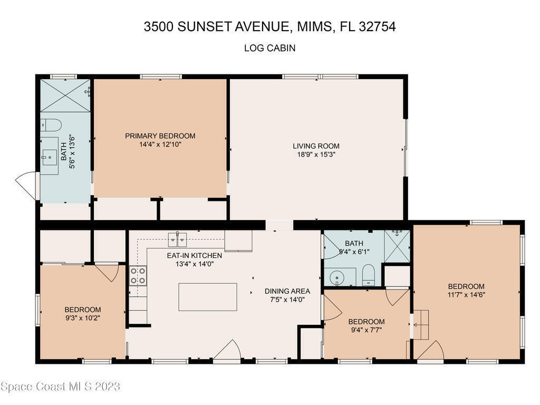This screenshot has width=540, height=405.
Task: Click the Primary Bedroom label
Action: click(160, 136)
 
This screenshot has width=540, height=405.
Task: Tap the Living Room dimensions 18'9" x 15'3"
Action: click(316, 155)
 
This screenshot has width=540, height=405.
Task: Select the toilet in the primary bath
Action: click(51, 125)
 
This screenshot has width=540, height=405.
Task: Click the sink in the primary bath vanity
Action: click(49, 158)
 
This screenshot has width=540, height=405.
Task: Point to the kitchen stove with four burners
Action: click(138, 276)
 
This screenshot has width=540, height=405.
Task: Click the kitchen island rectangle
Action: click(208, 297)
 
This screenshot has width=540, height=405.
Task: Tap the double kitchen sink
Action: click(177, 240)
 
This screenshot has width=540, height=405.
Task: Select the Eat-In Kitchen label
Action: click(195, 256)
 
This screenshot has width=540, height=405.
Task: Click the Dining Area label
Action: click(287, 291)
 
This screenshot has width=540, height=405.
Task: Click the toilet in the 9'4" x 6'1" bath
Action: click(368, 275)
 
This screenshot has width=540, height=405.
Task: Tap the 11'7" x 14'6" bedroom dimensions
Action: click(466, 295)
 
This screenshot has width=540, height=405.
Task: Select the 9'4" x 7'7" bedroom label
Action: click(367, 322)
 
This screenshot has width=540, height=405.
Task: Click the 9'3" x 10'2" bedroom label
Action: click(83, 310)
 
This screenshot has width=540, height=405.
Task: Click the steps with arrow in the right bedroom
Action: click(420, 325)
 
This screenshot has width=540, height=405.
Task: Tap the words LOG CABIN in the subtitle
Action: click(269, 48)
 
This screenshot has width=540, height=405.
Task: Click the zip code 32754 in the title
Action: click(378, 26)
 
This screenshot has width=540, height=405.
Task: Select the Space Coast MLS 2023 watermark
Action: click(60, 387)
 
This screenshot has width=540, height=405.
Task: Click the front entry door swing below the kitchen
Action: click(227, 351)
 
